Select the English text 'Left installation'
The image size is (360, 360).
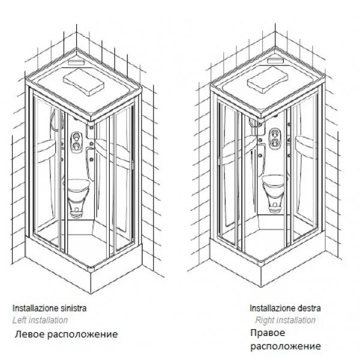[x=40, y=320]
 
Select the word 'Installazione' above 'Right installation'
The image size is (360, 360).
[x=270, y=308]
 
